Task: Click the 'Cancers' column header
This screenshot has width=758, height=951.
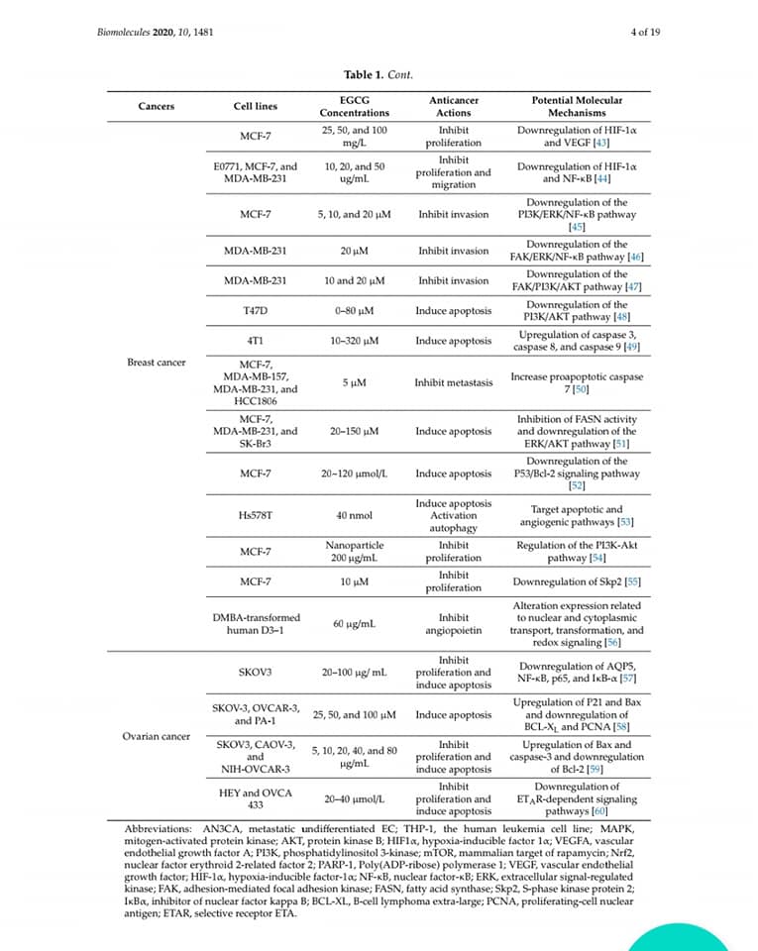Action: pos(157,107)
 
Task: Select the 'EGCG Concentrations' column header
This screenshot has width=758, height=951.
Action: pos(355,107)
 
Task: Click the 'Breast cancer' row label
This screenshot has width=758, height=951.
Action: pos(157,363)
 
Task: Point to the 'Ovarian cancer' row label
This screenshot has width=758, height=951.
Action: pos(157,736)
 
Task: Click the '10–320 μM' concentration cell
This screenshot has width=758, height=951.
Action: pos(355,341)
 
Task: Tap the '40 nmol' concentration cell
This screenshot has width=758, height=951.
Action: pos(355,515)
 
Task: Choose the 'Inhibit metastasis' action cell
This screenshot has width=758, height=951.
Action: pos(453,382)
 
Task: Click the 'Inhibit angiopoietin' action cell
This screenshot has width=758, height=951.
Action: pos(453,624)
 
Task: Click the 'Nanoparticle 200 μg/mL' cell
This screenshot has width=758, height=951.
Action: pos(355,552)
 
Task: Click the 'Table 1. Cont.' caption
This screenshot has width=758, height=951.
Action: pos(378,74)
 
